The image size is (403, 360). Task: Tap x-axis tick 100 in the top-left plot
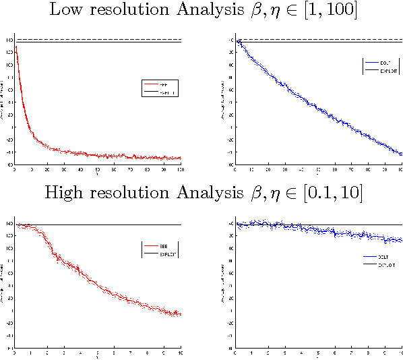point(180,169)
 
